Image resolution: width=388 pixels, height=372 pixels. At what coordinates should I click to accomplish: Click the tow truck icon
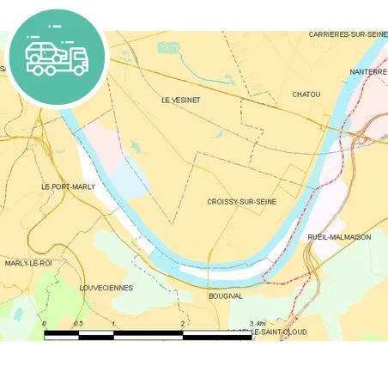pyautogui.click(x=57, y=57)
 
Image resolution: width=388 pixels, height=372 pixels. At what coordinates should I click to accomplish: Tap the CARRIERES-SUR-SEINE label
pyautogui.click(x=348, y=34)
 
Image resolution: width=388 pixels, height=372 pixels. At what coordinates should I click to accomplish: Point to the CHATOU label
pyautogui.click(x=306, y=94)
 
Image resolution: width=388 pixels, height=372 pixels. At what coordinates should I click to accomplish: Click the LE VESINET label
pyautogui.click(x=180, y=100)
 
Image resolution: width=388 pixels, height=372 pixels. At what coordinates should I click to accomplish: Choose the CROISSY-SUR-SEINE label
pyautogui.click(x=241, y=202)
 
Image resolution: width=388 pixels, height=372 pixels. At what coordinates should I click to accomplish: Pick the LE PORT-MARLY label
pyautogui.click(x=68, y=186)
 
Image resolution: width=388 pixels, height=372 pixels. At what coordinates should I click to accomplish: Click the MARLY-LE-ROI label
pyautogui.click(x=28, y=263)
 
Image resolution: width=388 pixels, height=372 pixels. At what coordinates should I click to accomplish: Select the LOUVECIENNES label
pyautogui.click(x=106, y=288)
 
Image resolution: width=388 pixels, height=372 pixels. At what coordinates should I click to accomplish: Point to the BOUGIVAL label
pyautogui.click(x=227, y=296)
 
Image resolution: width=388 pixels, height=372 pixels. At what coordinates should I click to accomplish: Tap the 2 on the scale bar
pyautogui.click(x=183, y=323)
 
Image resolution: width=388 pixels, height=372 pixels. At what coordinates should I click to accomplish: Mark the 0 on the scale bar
pyautogui.click(x=44, y=323)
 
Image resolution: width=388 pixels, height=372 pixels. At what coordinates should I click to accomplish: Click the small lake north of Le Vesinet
pyautogui.click(x=168, y=48)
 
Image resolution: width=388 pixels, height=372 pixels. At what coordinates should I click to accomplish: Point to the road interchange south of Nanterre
pyautogui.click(x=363, y=137)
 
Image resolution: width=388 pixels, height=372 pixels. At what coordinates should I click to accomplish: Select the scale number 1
pyautogui.click(x=113, y=323)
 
